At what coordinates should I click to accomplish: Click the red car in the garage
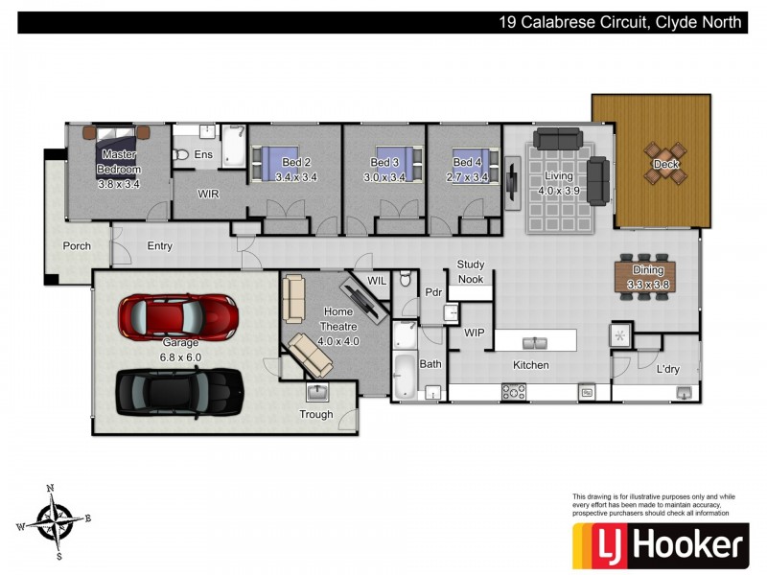click(178, 317)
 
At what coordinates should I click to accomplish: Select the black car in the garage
click(179, 392)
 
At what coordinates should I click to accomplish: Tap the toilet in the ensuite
click(180, 155)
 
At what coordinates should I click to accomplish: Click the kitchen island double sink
click(535, 343)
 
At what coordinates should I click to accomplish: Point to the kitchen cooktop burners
click(514, 392)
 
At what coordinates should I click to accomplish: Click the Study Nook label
click(471, 272)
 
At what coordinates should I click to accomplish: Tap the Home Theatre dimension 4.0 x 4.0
click(338, 341)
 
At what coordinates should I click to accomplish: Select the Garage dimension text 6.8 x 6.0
click(180, 357)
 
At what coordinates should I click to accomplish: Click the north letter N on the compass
click(50, 488)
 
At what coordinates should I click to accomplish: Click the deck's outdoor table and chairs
click(665, 163)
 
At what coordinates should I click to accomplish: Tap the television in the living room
click(512, 182)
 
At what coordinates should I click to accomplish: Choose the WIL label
click(377, 281)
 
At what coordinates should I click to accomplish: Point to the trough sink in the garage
click(317, 392)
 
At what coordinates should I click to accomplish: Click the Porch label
click(77, 246)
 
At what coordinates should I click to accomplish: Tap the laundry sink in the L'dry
click(684, 392)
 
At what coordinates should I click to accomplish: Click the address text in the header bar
click(620, 22)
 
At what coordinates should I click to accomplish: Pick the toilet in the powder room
click(405, 279)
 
